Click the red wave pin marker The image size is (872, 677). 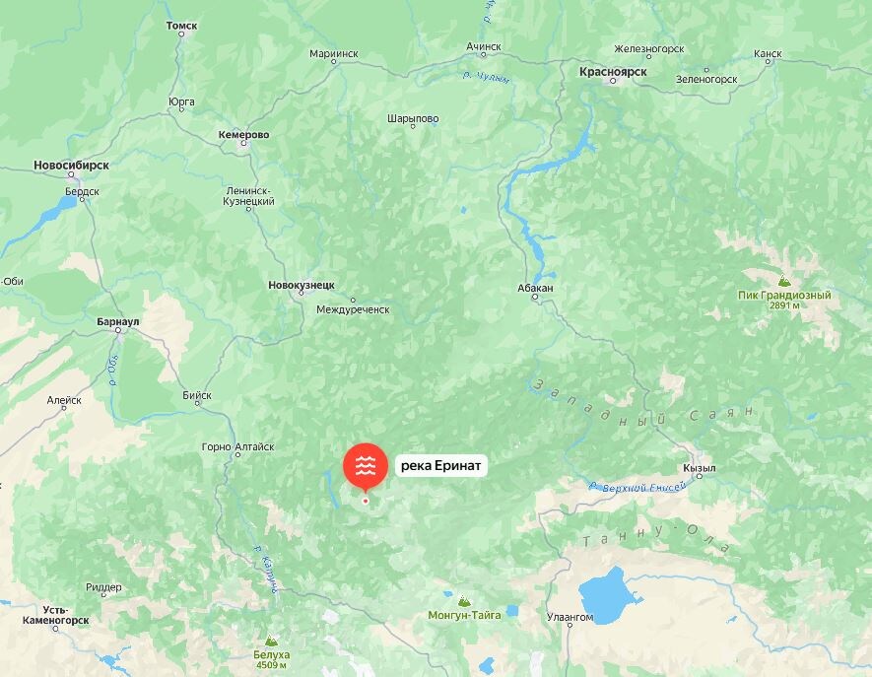pyautogui.click(x=365, y=467)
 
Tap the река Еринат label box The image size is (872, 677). pyautogui.click(x=441, y=467)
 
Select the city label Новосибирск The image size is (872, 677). pyautogui.click(x=70, y=165)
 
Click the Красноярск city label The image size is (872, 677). pyautogui.click(x=612, y=72)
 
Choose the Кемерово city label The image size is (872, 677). pyautogui.click(x=243, y=135)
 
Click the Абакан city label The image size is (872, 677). pyautogui.click(x=535, y=288)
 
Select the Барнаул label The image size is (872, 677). pyautogui.click(x=118, y=321)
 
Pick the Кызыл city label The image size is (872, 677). pyautogui.click(x=699, y=468)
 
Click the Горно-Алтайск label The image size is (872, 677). pyautogui.click(x=237, y=446)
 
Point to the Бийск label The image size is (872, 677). pyautogui.click(x=197, y=396)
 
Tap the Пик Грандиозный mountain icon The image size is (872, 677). pyautogui.click(x=783, y=280)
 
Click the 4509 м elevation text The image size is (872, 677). pyautogui.click(x=272, y=665)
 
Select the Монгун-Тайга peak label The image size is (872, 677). pyautogui.click(x=464, y=615)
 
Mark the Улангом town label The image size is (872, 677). pyautogui.click(x=570, y=617)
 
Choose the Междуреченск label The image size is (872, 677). pyautogui.click(x=353, y=309)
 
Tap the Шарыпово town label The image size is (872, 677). pyautogui.click(x=413, y=118)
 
